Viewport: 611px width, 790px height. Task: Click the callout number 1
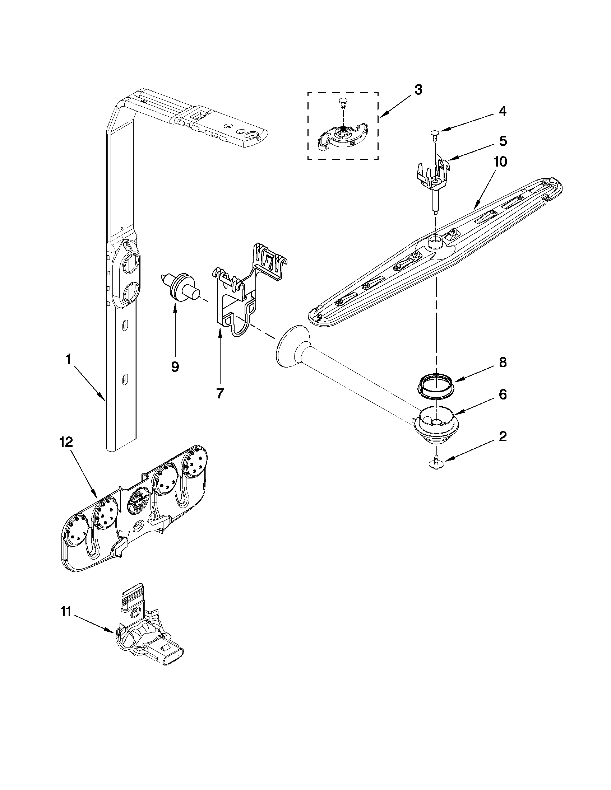point(68,359)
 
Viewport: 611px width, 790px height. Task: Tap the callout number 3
point(418,90)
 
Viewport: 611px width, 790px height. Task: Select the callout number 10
point(499,162)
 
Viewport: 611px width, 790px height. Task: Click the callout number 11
point(65,612)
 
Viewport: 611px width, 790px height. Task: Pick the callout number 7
point(220,393)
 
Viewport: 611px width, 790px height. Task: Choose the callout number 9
point(175,367)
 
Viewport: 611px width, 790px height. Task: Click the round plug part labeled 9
point(180,288)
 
